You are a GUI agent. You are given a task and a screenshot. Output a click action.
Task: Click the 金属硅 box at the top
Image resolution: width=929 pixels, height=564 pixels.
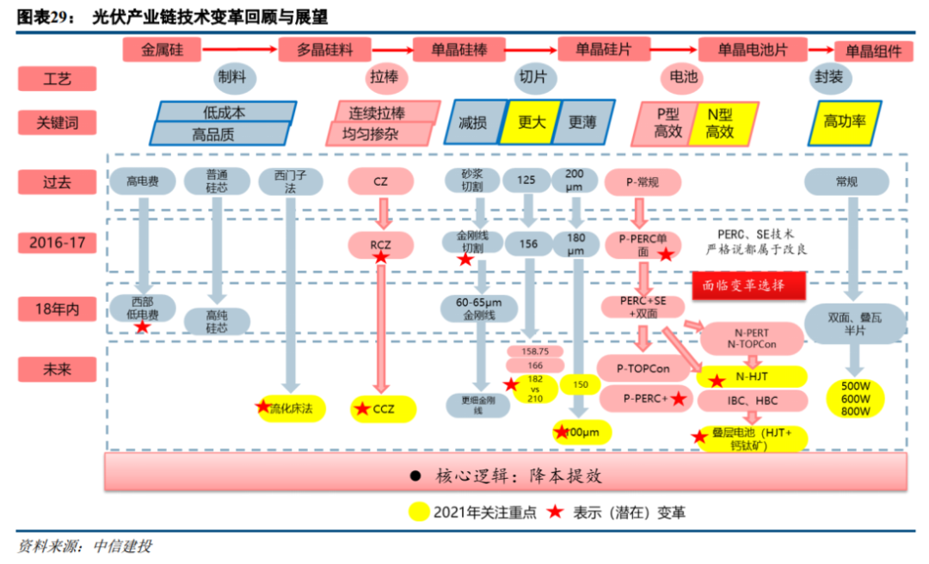coord(163,50)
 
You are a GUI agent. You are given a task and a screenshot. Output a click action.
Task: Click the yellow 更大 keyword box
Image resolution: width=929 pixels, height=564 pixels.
coord(532,122)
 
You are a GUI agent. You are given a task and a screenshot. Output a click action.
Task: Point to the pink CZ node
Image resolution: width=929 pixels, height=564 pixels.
coord(380,181)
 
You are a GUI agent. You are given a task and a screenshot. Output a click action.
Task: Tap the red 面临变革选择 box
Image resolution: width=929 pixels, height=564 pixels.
coord(748,285)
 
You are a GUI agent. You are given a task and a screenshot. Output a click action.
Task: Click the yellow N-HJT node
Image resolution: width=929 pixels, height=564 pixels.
coord(753,377)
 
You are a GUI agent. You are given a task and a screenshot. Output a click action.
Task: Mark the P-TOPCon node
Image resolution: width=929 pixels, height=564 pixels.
coord(644,369)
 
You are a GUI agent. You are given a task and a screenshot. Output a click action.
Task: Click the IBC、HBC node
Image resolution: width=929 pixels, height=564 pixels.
coord(753,401)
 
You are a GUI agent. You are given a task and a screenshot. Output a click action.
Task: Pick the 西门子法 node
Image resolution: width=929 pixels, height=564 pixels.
coord(290,181)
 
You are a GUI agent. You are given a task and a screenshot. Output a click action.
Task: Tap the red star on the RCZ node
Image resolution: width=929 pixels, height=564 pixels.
coord(380,257)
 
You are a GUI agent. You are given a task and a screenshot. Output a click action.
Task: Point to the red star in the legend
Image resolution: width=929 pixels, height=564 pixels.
coord(556,512)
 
